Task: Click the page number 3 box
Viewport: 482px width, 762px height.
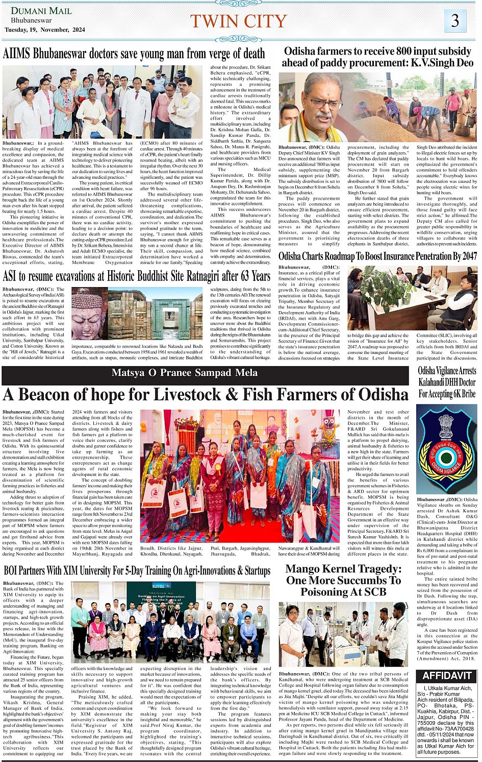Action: pyautogui.click(x=455, y=21)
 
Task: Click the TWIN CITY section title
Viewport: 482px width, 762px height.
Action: pyautogui.click(x=239, y=21)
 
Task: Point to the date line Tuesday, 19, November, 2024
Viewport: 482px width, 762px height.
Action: pyautogui.click(x=44, y=30)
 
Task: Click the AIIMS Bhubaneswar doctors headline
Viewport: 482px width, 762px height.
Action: pyautogui.click(x=134, y=54)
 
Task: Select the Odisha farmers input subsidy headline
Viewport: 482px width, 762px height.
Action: pyautogui.click(x=377, y=57)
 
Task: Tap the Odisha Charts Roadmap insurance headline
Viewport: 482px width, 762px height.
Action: pyautogui.click(x=377, y=256)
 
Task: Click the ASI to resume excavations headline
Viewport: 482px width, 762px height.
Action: pyautogui.click(x=137, y=276)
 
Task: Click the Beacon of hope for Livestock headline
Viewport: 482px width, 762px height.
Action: pyautogui.click(x=206, y=395)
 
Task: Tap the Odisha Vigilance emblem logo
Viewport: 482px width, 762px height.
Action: pyautogui.click(x=447, y=448)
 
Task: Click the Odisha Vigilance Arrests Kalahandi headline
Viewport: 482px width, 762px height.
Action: pyautogui.click(x=447, y=382)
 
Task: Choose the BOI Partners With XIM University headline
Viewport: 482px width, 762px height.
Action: pyautogui.click(x=137, y=570)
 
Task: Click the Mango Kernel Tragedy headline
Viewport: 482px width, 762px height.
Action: pyautogui.click(x=343, y=580)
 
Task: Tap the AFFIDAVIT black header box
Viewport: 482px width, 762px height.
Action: pyautogui.click(x=447, y=676)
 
